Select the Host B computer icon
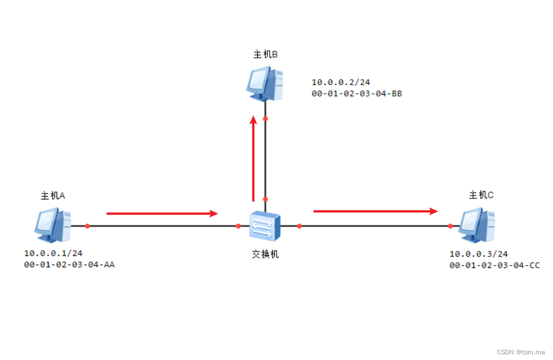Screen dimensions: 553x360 click(265, 83)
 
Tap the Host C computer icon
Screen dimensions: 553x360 click(477, 224)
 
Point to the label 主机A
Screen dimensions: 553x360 click(53, 196)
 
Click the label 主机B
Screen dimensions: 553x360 click(265, 54)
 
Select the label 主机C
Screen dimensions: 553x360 click(481, 195)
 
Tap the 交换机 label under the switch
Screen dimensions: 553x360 click(265, 254)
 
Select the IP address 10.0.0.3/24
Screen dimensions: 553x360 click(478, 254)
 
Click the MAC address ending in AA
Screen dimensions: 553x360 click(69, 264)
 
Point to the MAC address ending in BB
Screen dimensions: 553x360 click(357, 94)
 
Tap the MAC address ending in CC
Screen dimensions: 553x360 click(494, 264)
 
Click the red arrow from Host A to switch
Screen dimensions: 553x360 click(162, 214)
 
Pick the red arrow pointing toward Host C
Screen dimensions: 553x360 click(375, 211)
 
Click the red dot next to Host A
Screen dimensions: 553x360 click(88, 226)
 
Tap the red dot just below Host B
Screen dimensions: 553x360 click(265, 119)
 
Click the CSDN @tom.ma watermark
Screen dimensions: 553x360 click(521, 352)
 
